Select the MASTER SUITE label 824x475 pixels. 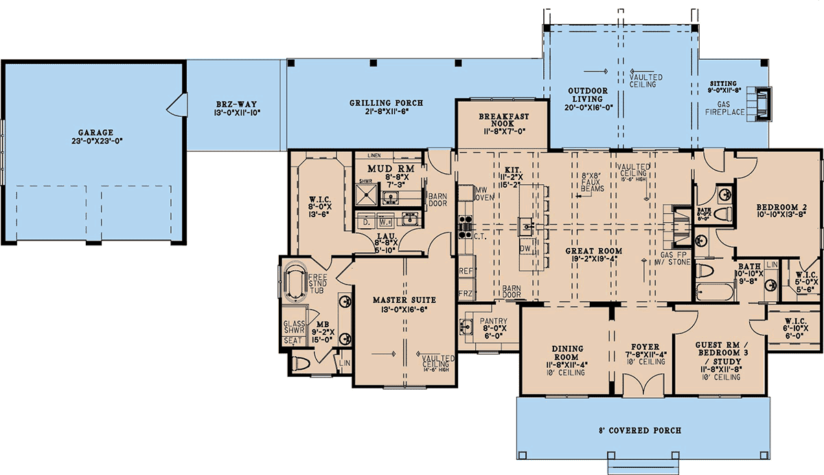coord(404,300)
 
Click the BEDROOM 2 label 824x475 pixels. coord(781,207)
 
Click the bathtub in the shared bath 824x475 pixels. coord(714,291)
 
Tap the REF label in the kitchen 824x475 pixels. coord(466,272)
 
